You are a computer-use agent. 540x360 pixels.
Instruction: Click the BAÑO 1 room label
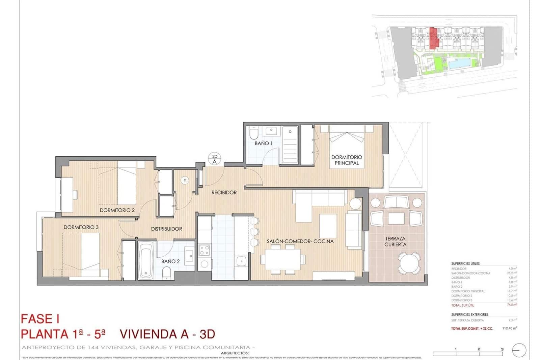[263, 143]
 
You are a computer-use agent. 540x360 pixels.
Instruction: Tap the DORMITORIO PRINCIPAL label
[347, 160]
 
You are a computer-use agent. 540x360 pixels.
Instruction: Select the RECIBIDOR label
[224, 192]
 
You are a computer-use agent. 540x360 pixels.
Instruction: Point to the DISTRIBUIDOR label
[166, 229]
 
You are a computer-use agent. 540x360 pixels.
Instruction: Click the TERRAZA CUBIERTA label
[395, 241]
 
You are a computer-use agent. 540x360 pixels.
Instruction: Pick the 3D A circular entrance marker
[214, 159]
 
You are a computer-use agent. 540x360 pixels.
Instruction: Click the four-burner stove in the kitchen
[204, 250]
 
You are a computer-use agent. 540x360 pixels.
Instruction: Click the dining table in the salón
[282, 259]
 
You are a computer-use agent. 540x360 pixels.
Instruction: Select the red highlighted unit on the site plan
[434, 38]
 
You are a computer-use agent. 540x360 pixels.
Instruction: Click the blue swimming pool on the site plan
[459, 63]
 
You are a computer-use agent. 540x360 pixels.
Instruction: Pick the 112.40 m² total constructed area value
[509, 328]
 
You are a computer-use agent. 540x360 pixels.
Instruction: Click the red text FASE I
[40, 319]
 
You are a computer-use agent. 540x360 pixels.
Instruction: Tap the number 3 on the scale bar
[502, 349]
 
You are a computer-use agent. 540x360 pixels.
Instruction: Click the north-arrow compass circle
[519, 351]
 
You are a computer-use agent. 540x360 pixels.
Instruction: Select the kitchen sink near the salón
[241, 261]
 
